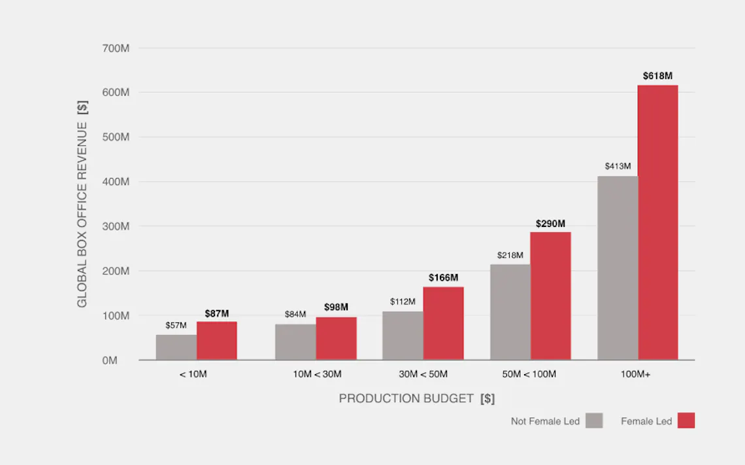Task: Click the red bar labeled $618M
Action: [x=657, y=222]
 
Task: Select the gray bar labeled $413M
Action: [x=618, y=268]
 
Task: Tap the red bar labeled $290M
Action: [x=550, y=296]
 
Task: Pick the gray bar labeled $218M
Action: [x=510, y=312]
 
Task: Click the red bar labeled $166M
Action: [x=443, y=323]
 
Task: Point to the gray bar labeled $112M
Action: [x=403, y=336]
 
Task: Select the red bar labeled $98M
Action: [x=336, y=338]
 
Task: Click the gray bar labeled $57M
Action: [x=176, y=347]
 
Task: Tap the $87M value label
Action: [x=217, y=314]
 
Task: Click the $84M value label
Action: [x=295, y=315]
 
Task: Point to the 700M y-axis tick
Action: [x=116, y=48]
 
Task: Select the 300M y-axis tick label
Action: [x=116, y=226]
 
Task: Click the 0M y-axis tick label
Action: [x=109, y=360]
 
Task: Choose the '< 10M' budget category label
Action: [x=193, y=375]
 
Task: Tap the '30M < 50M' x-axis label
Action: [x=423, y=375]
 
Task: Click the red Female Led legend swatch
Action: [x=686, y=421]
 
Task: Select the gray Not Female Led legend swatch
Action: [x=594, y=421]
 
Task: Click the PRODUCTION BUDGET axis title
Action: [x=416, y=398]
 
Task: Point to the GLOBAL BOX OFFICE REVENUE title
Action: [x=82, y=203]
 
